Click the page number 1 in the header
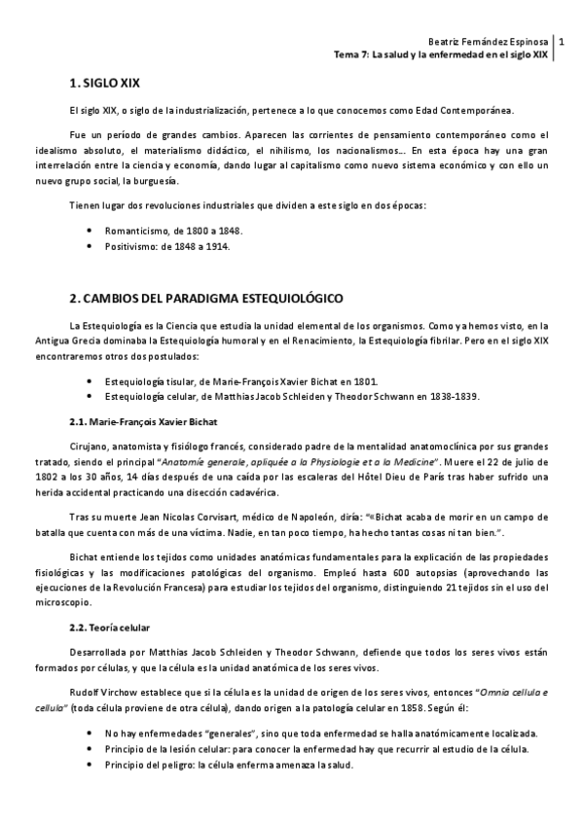[x=562, y=42]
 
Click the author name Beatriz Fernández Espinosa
[x=490, y=42]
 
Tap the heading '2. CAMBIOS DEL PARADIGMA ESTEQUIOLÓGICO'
[x=207, y=296]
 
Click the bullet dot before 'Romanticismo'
[x=91, y=231]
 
